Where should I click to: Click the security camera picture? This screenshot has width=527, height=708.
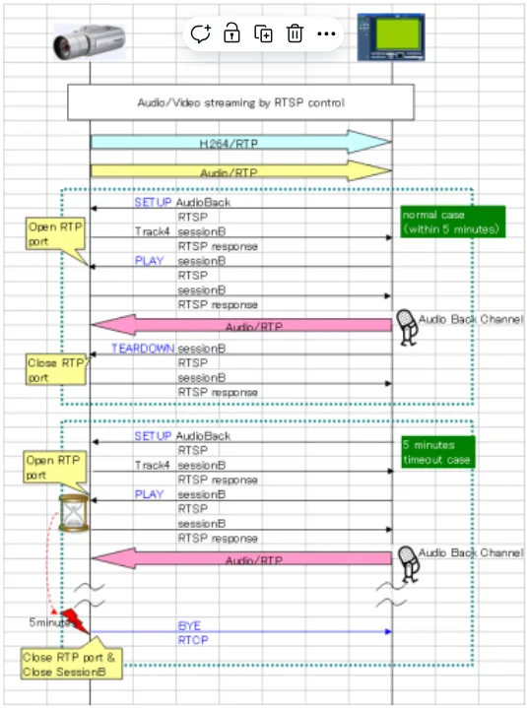(x=89, y=42)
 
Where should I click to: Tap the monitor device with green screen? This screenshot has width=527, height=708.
(x=391, y=37)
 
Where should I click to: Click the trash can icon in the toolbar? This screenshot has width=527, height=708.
(x=295, y=33)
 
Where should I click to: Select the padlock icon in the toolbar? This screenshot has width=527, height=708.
(x=231, y=33)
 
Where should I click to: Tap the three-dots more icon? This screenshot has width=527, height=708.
(x=326, y=33)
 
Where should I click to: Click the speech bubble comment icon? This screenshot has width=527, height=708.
(x=201, y=33)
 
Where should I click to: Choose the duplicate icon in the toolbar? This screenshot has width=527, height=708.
(x=263, y=33)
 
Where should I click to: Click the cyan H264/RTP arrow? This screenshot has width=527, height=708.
(x=241, y=142)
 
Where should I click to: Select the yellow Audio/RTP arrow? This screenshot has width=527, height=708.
(x=241, y=170)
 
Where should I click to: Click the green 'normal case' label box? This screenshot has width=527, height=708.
(x=453, y=222)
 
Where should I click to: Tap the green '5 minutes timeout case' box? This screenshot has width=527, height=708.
(x=438, y=452)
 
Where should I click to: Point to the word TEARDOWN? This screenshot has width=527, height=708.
(x=143, y=349)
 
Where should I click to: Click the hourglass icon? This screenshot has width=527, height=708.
(x=74, y=513)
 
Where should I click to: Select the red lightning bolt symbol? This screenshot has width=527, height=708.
(x=75, y=621)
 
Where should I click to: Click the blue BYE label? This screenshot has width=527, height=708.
(x=189, y=626)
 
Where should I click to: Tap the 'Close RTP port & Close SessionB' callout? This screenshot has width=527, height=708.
(x=71, y=665)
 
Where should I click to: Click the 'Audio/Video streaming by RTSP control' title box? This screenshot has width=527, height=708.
(x=240, y=102)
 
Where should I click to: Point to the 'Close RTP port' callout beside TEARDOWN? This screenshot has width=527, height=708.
(x=56, y=370)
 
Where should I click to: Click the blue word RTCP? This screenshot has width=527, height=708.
(x=193, y=640)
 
